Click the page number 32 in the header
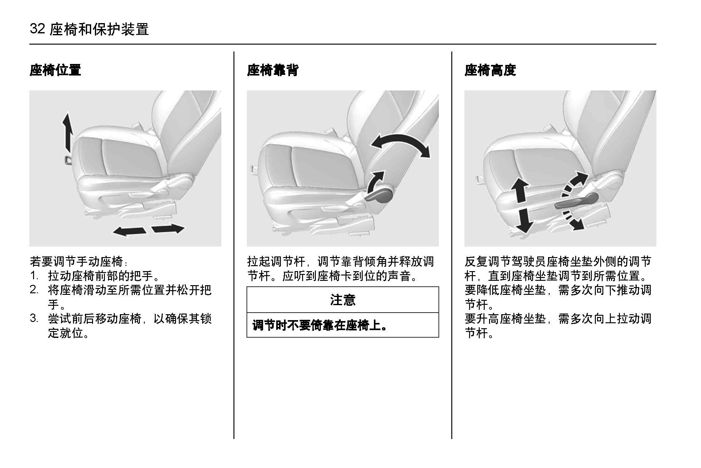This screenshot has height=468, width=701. coord(37,29)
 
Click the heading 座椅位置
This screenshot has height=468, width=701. coord(55,70)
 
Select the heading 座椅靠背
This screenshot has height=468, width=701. coord(272,70)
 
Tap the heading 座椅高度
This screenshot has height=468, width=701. coord(490,70)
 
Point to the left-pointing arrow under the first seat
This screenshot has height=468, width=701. coord(129,232)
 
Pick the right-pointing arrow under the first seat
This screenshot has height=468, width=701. coord(168,228)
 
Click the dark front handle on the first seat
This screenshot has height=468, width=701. coord(68,159)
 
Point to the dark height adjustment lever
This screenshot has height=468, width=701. coord(576,201)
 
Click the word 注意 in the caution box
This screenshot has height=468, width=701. coord(343,300)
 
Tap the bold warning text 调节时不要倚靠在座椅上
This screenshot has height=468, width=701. coord(320,325)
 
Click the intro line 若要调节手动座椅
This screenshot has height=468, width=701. coord(79,261)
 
